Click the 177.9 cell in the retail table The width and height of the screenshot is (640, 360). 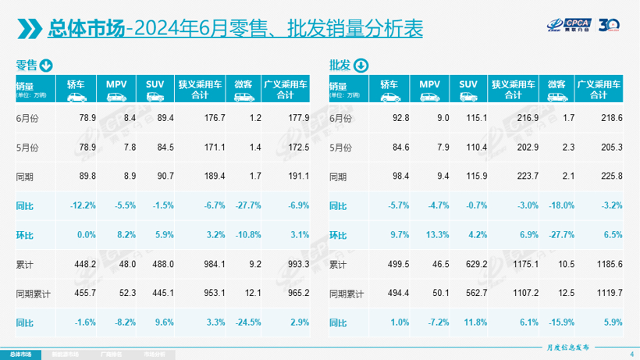(x=297, y=118)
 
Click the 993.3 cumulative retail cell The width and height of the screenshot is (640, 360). (x=297, y=264)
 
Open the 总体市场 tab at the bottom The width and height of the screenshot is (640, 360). (x=22, y=354)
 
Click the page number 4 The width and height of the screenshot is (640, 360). (x=631, y=354)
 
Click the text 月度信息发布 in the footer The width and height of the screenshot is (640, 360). (x=567, y=346)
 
